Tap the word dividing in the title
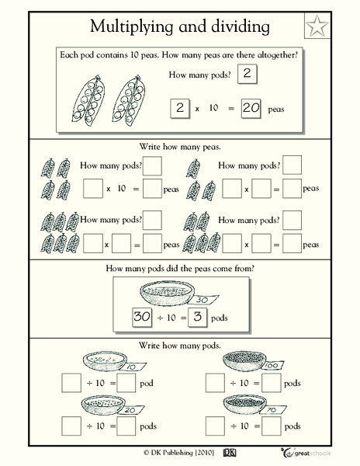pos(239,27)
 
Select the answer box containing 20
pos(250,108)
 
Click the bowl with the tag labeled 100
pos(247,360)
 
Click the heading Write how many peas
pos(179,144)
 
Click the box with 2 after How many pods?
pos(247,75)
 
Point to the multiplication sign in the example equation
pos(197,109)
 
